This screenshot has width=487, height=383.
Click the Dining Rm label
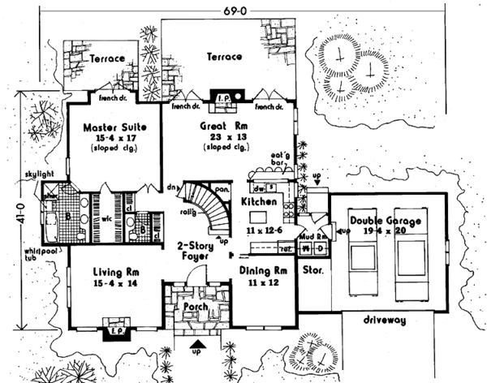click(x=264, y=270)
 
